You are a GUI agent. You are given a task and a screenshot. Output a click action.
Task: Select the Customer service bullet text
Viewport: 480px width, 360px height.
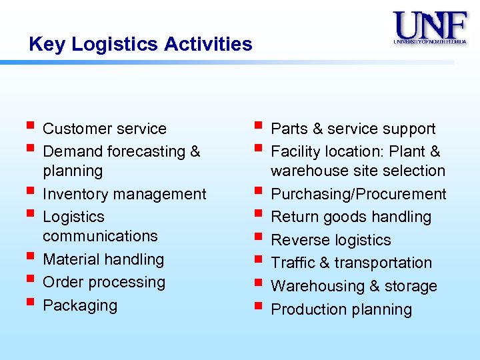pos(104,129)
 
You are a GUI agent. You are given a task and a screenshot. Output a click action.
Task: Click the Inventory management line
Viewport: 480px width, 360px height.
pos(124,194)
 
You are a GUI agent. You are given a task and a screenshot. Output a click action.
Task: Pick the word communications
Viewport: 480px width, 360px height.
pos(100,236)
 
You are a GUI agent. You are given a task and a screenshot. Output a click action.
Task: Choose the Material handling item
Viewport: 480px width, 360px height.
pos(103,259)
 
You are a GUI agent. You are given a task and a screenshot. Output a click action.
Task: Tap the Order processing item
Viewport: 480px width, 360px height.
pos(103,282)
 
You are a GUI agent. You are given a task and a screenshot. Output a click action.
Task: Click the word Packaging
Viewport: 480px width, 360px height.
pos(79,305)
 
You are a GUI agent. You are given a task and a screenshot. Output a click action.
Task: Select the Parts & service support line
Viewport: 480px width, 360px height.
pos(353,129)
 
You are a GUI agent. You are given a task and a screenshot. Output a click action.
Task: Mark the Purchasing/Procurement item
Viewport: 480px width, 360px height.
pos(358,194)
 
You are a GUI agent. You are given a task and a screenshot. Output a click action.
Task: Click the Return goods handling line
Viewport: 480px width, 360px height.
pos(351,217)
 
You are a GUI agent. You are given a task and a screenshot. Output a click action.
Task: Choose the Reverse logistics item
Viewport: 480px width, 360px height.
pos(331,240)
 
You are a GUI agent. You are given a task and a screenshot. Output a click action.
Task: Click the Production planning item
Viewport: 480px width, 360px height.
pos(341,309)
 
